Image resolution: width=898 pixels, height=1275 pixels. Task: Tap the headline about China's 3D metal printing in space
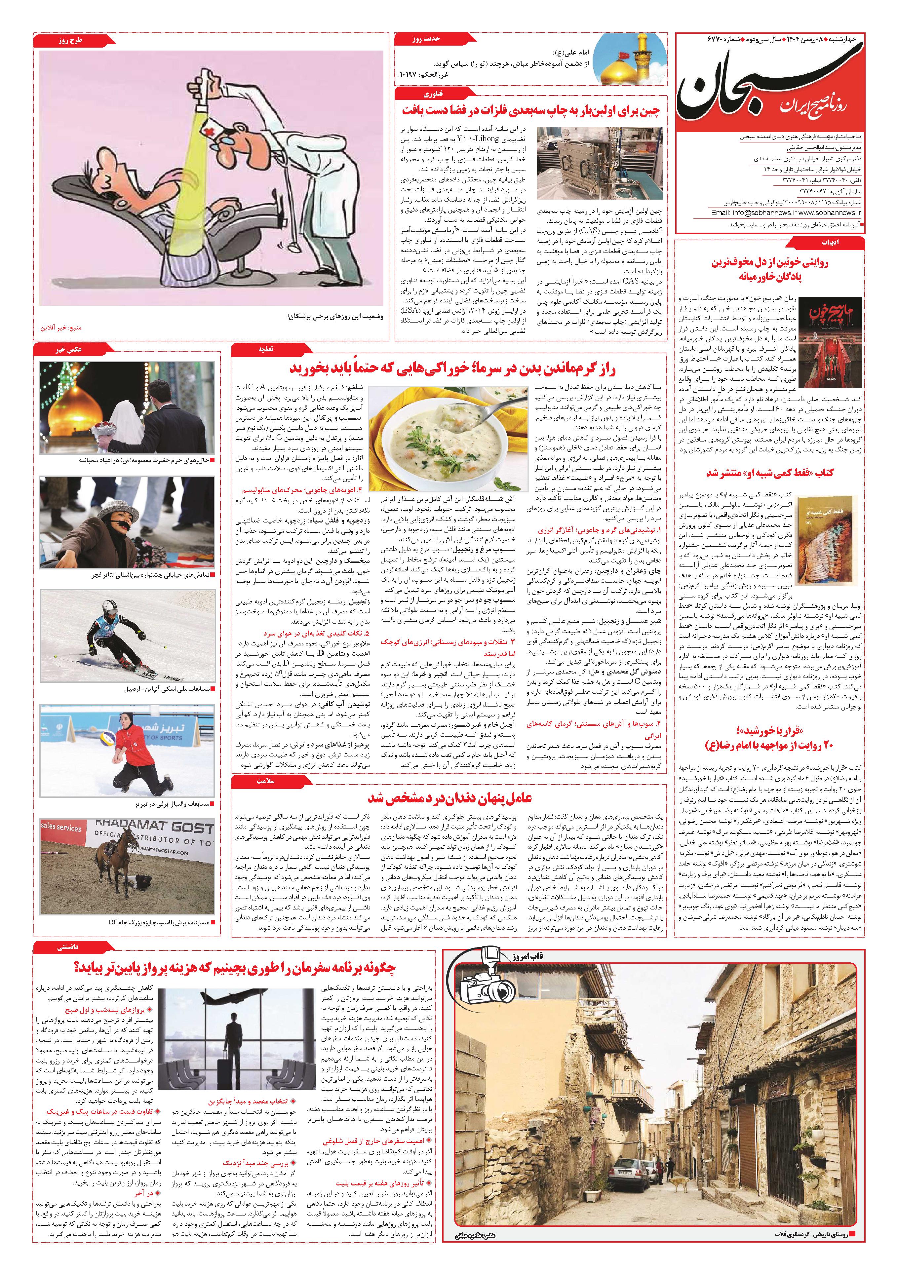(x=531, y=110)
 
